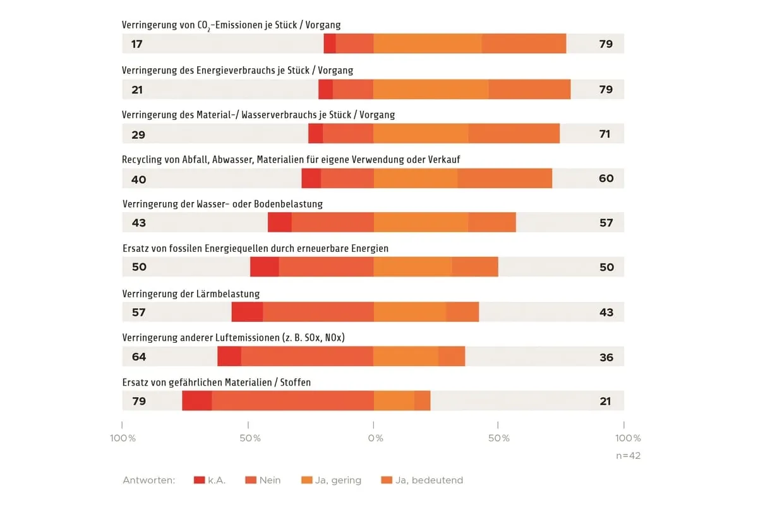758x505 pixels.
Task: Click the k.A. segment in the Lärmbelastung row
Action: coord(247,312)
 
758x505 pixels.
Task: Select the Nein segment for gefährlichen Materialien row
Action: coord(292,401)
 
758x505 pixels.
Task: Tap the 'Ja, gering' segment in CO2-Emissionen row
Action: coord(427,44)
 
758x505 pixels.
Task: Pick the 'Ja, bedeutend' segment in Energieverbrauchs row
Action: coord(529,89)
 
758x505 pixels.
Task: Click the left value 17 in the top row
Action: coord(136,44)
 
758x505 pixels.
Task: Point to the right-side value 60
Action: coord(606,179)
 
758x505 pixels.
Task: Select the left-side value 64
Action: coord(138,357)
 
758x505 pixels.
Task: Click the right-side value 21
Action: coord(605,401)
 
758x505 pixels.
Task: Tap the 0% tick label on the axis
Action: coord(375,438)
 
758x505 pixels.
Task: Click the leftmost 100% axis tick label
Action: coord(123,438)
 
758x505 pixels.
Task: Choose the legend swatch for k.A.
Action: coord(200,480)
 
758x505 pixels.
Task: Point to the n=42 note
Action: coord(628,456)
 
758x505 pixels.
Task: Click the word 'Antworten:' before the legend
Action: coord(149,480)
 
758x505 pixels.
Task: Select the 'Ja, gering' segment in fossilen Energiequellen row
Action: coord(412,266)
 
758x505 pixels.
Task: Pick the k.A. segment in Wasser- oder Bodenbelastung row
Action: coord(280,222)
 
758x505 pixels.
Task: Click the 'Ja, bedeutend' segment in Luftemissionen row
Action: coord(452,356)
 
